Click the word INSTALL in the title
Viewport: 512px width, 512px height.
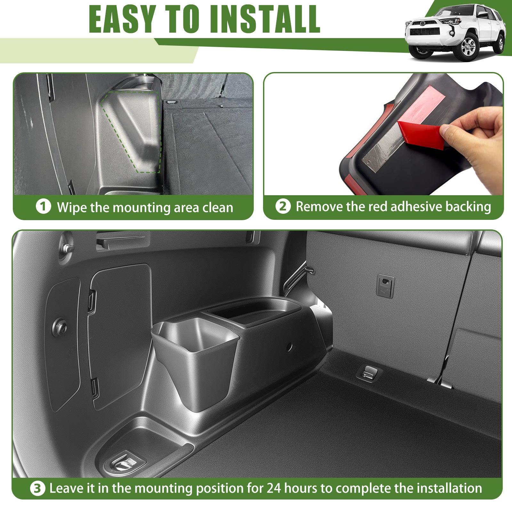(x=265, y=19)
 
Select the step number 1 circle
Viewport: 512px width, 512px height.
(x=43, y=206)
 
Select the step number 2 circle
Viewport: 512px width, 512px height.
(x=283, y=206)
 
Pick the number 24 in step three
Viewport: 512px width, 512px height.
(x=274, y=488)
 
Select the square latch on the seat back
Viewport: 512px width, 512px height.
(x=385, y=286)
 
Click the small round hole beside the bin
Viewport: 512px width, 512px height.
(x=289, y=347)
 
